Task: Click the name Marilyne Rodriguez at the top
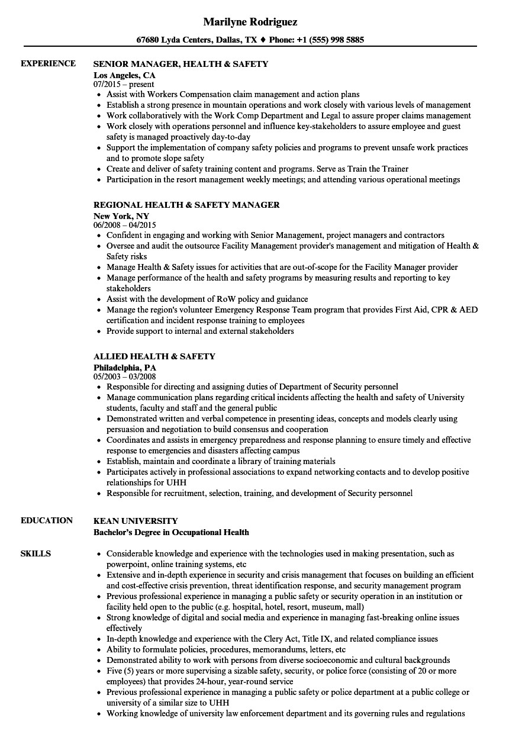(x=250, y=22)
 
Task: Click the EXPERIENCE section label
(x=48, y=63)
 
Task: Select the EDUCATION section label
(x=47, y=520)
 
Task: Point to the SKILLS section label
(x=36, y=553)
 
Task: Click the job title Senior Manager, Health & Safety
(x=181, y=64)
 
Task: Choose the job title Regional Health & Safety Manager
(x=186, y=205)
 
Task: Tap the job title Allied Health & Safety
(x=154, y=356)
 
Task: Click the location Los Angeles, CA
(x=124, y=75)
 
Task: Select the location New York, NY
(x=121, y=216)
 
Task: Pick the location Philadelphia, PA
(x=125, y=368)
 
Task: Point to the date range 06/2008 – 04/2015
(x=124, y=226)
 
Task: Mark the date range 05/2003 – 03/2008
(x=124, y=377)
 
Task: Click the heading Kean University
(x=136, y=521)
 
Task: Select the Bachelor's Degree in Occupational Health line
(x=171, y=532)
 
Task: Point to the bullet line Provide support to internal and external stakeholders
(x=200, y=331)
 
